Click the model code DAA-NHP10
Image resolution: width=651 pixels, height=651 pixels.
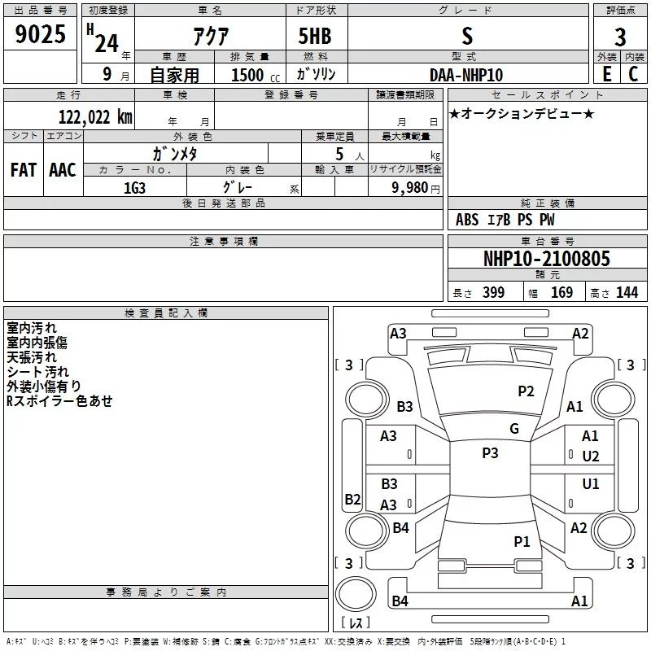465,75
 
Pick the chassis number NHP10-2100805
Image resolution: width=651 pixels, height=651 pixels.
546,260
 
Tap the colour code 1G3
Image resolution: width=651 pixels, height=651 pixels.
134,186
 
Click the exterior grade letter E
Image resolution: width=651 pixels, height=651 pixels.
606,74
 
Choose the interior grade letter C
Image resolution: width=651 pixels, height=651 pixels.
633,74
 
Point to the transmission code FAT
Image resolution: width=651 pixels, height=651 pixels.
23,170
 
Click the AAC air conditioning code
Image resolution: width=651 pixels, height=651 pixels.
63,170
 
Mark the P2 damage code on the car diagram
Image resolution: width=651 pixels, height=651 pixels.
526,391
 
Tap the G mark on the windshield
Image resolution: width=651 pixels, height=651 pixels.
514,429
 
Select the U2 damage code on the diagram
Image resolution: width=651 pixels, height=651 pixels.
591,456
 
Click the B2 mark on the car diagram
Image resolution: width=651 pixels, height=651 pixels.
352,499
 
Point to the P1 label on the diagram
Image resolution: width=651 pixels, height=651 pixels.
522,541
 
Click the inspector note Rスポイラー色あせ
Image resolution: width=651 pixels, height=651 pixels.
59,401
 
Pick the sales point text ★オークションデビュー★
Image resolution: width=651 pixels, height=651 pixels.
522,114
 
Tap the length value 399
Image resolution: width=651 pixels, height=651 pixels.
493,293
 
